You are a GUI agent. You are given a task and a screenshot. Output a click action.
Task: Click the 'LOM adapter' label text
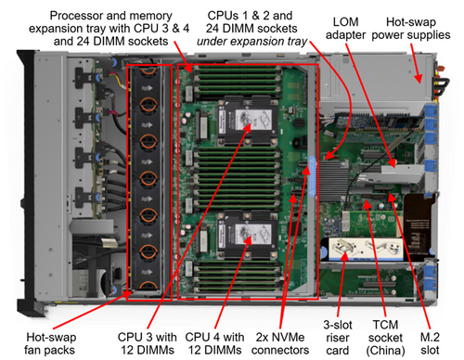tap(345, 28)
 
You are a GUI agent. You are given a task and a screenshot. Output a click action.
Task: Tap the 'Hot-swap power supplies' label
tap(411, 28)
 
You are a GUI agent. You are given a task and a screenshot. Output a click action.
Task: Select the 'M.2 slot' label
tap(430, 343)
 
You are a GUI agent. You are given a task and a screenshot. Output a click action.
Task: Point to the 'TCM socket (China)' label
tap(385, 338)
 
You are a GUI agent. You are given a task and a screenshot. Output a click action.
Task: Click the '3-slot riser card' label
tap(338, 338)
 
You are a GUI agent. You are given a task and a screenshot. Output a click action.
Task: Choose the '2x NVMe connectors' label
tap(280, 343)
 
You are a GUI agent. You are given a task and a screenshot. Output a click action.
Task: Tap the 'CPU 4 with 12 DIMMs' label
tap(214, 343)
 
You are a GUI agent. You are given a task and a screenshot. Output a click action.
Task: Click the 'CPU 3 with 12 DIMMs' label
tap(148, 343)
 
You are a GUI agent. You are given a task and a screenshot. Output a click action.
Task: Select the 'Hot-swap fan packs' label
tap(50, 343)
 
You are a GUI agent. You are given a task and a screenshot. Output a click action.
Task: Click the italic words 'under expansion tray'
tap(251, 41)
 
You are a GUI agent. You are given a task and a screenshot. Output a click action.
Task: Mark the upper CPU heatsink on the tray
tap(248, 120)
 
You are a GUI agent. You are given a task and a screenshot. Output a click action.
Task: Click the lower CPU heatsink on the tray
tap(248, 235)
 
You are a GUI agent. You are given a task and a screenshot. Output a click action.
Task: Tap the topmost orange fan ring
tap(148, 71)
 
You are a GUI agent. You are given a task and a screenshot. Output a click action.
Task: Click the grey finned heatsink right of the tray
tap(333, 180)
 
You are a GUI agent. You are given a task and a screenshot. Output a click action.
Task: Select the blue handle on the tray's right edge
tap(312, 176)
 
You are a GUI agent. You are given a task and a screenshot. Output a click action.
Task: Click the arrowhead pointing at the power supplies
tap(419, 78)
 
